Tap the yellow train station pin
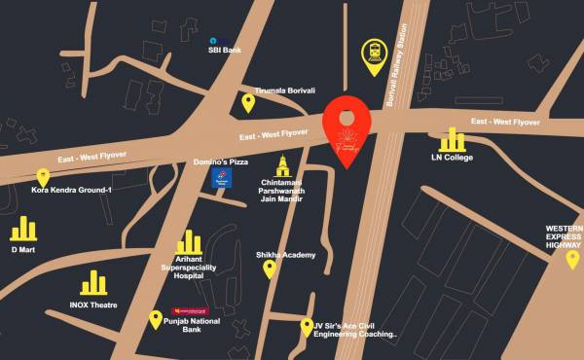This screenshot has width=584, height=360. pyautogui.click(x=374, y=55)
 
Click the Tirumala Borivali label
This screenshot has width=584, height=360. pyautogui.click(x=285, y=90)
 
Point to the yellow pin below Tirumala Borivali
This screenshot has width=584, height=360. pyautogui.click(x=248, y=103)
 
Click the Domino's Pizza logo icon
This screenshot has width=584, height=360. pyautogui.click(x=223, y=183)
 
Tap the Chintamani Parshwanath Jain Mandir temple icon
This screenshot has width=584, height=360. pyautogui.click(x=283, y=164)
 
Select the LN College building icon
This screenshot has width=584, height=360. pyautogui.click(x=451, y=138)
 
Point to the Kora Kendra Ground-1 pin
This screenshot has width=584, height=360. pyautogui.click(x=43, y=176)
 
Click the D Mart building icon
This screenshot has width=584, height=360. pyautogui.click(x=23, y=229)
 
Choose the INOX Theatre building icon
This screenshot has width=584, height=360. pyautogui.click(x=93, y=283)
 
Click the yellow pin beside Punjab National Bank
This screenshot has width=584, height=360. pyautogui.click(x=154, y=318)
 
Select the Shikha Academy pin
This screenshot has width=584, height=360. pyautogui.click(x=270, y=269)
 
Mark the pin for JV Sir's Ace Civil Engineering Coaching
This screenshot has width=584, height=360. pyautogui.click(x=306, y=327)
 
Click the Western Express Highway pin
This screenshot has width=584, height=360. pyautogui.click(x=572, y=259)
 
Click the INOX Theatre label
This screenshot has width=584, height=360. pyautogui.click(x=93, y=305)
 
